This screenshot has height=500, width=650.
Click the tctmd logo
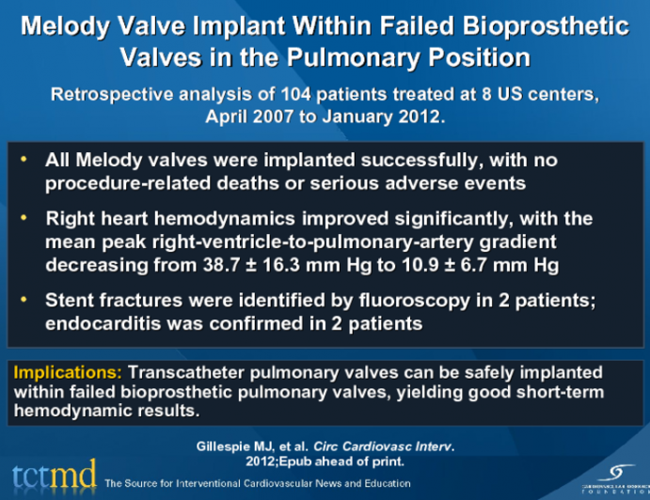pos(51,475)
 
